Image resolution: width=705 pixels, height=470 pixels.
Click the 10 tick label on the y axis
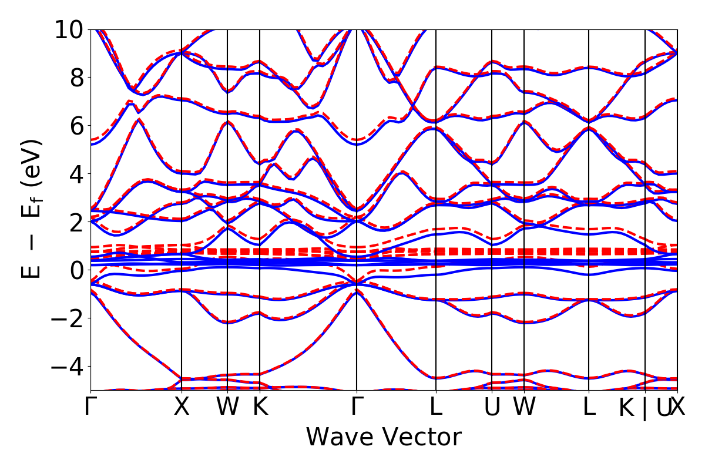pyautogui.click(x=70, y=29)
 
